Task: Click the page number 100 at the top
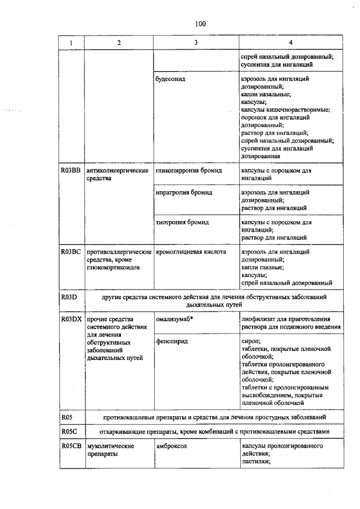pyautogui.click(x=200, y=24)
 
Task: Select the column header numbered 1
pyautogui.click(x=71, y=43)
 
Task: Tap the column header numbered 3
pyautogui.click(x=195, y=43)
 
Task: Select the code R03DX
pyautogui.click(x=71, y=319)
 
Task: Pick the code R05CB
pyautogui.click(x=71, y=446)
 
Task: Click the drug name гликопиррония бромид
pyautogui.click(x=186, y=170)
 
